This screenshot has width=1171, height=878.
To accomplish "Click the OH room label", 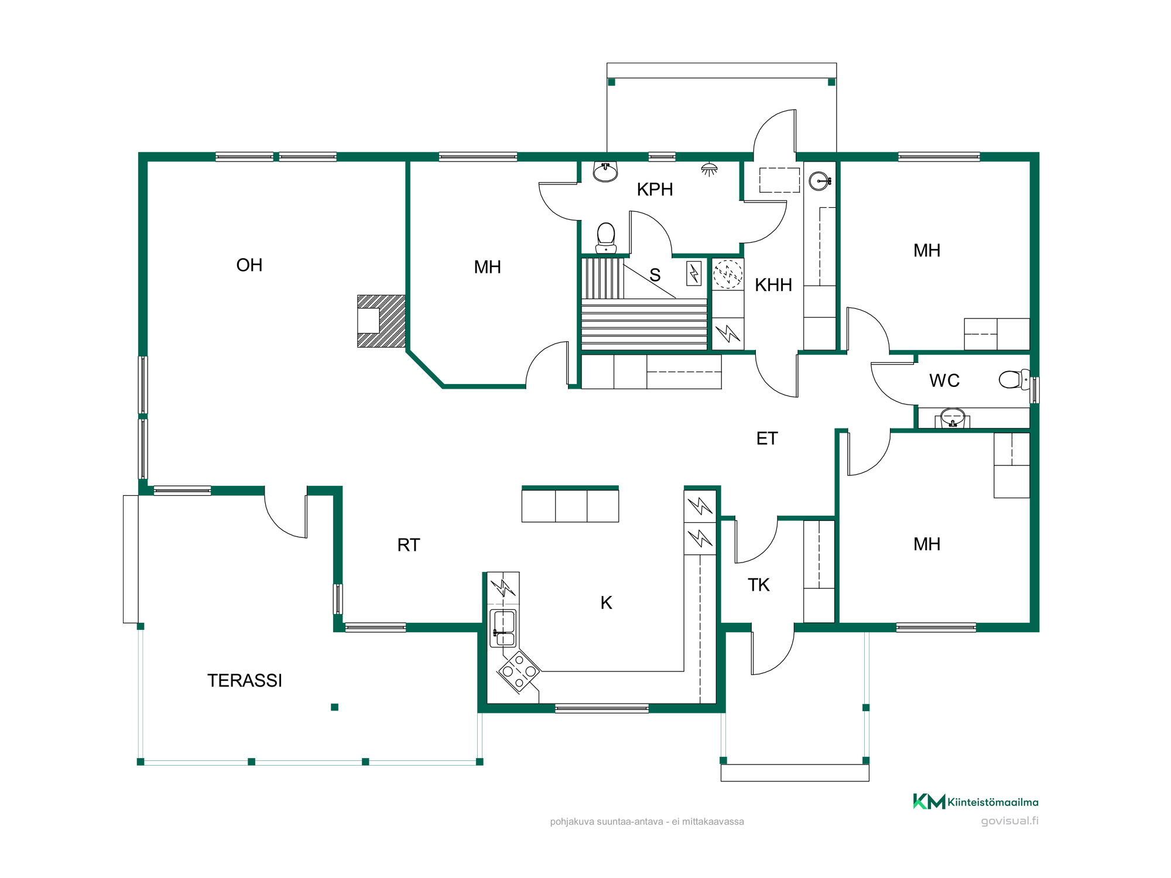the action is click(249, 265).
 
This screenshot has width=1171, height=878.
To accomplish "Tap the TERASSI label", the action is click(245, 681).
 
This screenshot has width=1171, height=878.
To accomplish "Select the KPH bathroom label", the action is click(655, 190).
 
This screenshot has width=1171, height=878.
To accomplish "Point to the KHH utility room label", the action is click(773, 285).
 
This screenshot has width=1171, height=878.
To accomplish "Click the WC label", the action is click(944, 380).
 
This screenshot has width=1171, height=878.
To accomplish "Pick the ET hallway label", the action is click(767, 438).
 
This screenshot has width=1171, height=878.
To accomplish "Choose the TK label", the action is click(759, 585).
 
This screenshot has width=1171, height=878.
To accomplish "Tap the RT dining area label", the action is click(409, 545).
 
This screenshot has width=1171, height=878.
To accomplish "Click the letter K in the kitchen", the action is click(607, 603).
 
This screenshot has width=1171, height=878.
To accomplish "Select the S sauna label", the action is click(655, 275).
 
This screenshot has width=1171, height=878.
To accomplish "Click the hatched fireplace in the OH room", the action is click(381, 321).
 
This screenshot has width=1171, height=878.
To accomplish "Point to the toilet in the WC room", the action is click(1014, 379).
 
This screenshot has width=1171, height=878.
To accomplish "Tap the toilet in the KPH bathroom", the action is click(606, 238).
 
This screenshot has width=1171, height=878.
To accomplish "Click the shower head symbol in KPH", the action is click(709, 170).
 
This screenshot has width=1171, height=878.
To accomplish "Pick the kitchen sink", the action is click(504, 627).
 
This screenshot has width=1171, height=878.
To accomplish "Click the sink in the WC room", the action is click(953, 418).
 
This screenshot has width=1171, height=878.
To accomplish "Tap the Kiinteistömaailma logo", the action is click(976, 801).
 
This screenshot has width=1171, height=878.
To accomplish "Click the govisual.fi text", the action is click(1010, 821).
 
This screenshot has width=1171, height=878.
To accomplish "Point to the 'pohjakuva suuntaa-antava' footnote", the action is click(647, 822).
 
